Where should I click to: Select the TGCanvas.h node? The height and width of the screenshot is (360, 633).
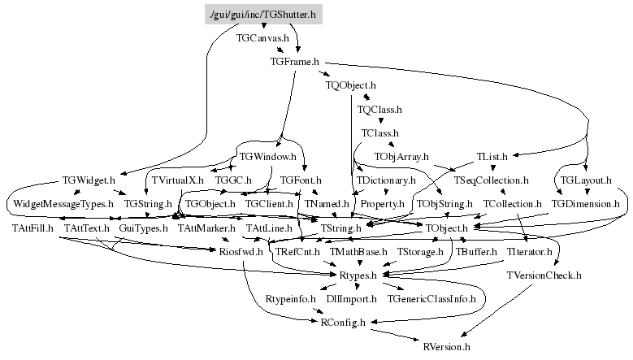pos(262,38)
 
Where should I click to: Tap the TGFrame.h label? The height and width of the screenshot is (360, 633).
pos(295,61)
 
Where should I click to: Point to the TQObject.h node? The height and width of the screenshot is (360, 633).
pos(350,85)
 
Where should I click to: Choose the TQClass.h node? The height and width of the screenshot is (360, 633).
pos(379,108)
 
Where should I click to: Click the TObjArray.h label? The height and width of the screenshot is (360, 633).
pos(401,155)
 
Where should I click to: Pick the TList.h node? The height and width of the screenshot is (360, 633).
pos(492,155)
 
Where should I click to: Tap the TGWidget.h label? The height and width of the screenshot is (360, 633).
pos(89,180)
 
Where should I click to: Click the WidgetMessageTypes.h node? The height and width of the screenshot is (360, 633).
pos(63,203)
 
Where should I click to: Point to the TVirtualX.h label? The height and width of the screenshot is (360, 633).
pos(178,180)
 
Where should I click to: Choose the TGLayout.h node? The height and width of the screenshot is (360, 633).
pos(586,180)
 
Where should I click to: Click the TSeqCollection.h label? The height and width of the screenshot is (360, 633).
pos(492,180)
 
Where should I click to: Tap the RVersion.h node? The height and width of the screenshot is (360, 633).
pos(447,346)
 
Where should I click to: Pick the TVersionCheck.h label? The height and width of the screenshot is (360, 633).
pos(544,275)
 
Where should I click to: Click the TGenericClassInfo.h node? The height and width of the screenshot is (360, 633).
pos(431,299)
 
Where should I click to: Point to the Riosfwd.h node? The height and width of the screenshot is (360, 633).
pos(241,252)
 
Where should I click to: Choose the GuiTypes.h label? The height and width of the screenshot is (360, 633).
pos(143,228)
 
